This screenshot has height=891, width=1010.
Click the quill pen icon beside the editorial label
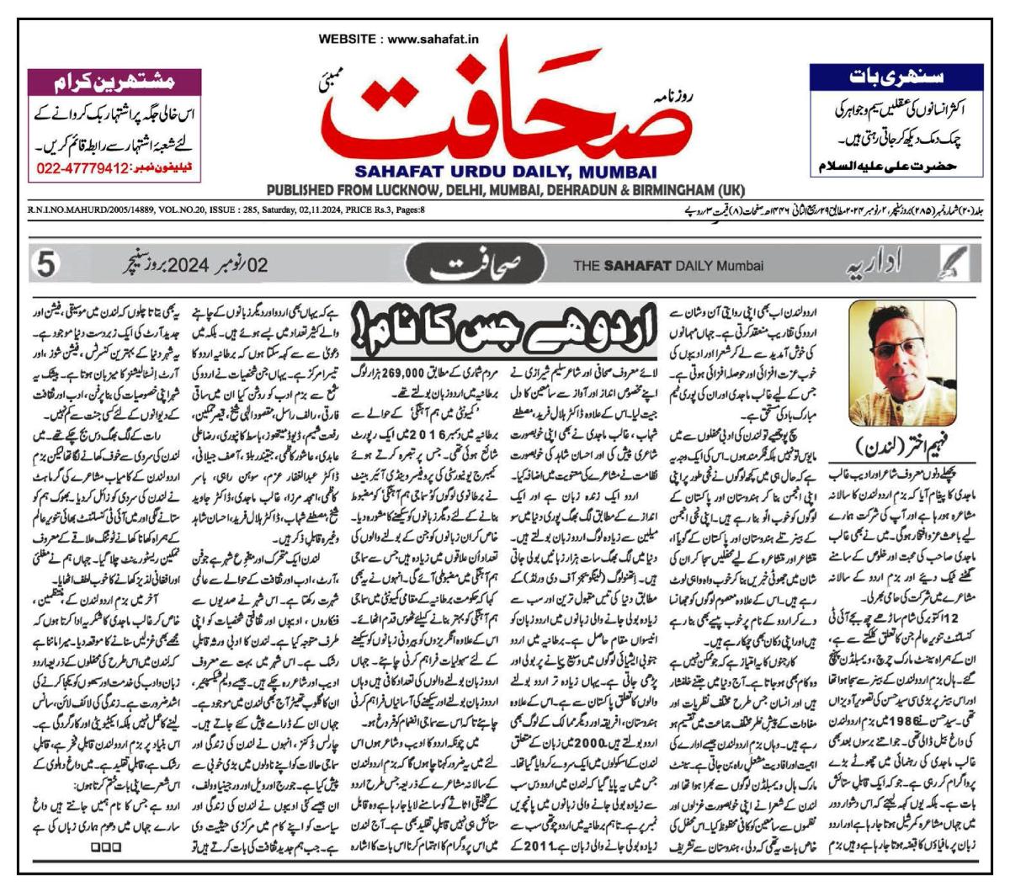point(956,266)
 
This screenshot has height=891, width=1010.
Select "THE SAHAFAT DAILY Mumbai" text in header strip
point(668,267)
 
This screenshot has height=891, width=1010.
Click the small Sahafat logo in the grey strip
point(477,266)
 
